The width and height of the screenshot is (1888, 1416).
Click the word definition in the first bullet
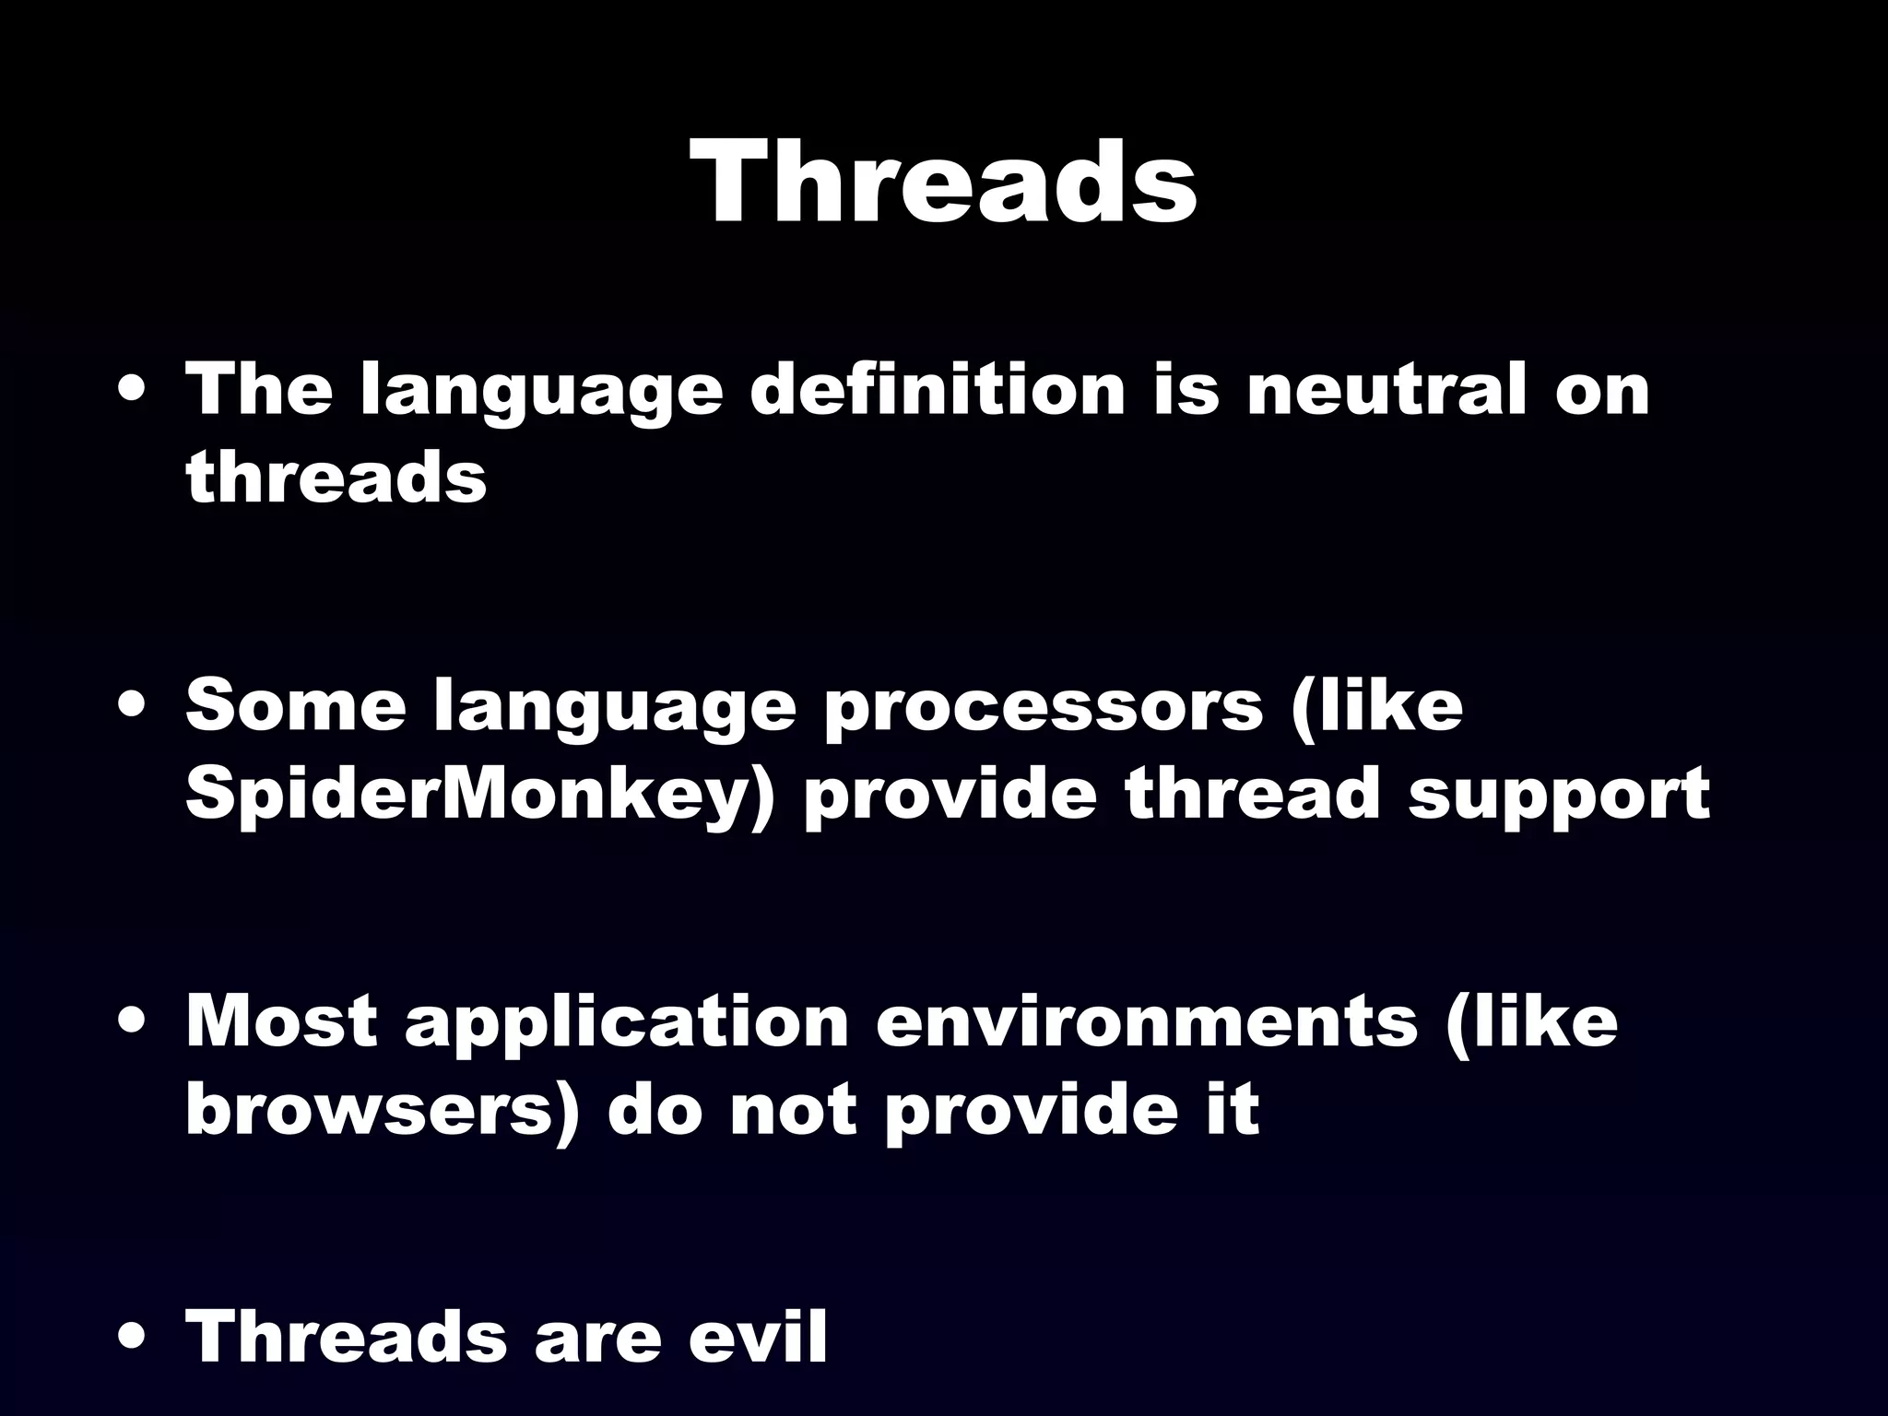937,390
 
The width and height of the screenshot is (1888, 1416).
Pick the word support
1558,796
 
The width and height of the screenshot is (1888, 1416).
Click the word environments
1146,1021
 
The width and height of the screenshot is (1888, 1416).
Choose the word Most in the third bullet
281,1021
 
